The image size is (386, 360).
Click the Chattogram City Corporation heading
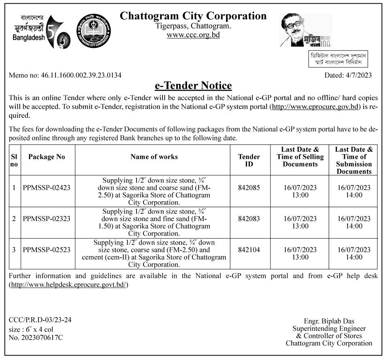tap(193, 16)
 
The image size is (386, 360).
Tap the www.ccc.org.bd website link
tap(193, 35)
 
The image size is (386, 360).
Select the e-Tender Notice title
tap(193, 86)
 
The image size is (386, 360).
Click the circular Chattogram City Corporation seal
tap(94, 31)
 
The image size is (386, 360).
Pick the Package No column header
tap(47, 157)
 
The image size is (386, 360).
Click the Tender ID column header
tap(249, 160)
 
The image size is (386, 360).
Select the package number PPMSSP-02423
tap(47, 187)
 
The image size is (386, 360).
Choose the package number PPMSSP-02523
tap(47, 250)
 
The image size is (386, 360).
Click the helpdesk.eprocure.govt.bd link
tap(68, 285)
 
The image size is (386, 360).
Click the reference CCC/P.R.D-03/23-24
tap(40, 320)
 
